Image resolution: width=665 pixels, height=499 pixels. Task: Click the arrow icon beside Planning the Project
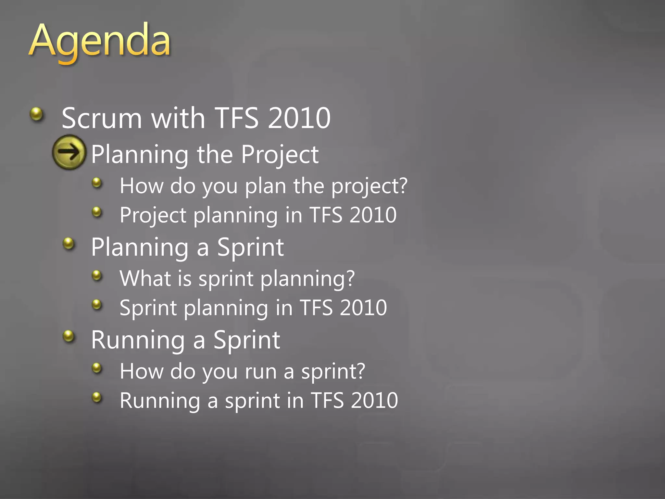pyautogui.click(x=69, y=152)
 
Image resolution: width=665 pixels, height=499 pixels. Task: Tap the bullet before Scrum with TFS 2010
pyautogui.click(x=36, y=114)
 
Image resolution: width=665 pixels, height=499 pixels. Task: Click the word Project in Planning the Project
pyautogui.click(x=280, y=155)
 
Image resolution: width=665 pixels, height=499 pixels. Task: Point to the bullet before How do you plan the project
pyautogui.click(x=97, y=183)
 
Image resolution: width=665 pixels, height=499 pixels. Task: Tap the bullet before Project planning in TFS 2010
pyautogui.click(x=97, y=212)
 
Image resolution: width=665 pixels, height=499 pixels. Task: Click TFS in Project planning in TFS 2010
pyautogui.click(x=326, y=215)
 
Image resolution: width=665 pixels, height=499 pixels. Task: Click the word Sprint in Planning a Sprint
pyautogui.click(x=250, y=248)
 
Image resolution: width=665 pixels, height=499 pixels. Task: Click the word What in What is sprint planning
pyautogui.click(x=145, y=279)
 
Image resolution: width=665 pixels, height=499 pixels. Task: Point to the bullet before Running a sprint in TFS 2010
pyautogui.click(x=97, y=397)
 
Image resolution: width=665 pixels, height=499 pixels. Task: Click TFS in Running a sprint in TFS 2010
pyautogui.click(x=327, y=400)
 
